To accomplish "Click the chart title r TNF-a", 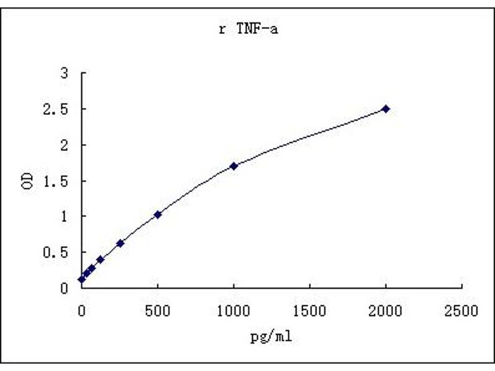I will [x=248, y=29].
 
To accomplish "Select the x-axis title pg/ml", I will [x=271, y=338].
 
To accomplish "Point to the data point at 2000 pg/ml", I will [x=386, y=109].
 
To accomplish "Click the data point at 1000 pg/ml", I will [x=234, y=166].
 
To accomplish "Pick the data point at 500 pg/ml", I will [x=158, y=215].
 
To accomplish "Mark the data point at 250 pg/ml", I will [x=120, y=244].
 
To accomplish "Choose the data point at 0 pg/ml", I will [x=82, y=279].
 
